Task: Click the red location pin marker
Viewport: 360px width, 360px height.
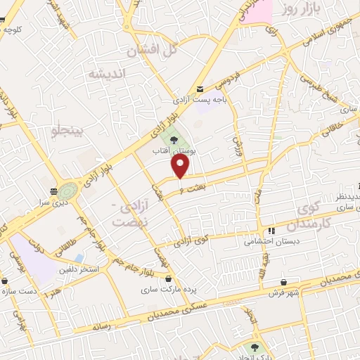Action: pyautogui.click(x=181, y=167)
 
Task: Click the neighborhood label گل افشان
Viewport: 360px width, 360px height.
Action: pyautogui.click(x=150, y=51)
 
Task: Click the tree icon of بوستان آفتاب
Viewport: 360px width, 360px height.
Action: pyautogui.click(x=174, y=141)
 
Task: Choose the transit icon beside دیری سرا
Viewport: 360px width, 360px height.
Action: pyautogui.click(x=54, y=191)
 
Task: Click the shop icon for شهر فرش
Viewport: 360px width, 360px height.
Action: pyautogui.click(x=283, y=283)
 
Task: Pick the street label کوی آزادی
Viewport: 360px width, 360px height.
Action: pyautogui.click(x=192, y=243)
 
